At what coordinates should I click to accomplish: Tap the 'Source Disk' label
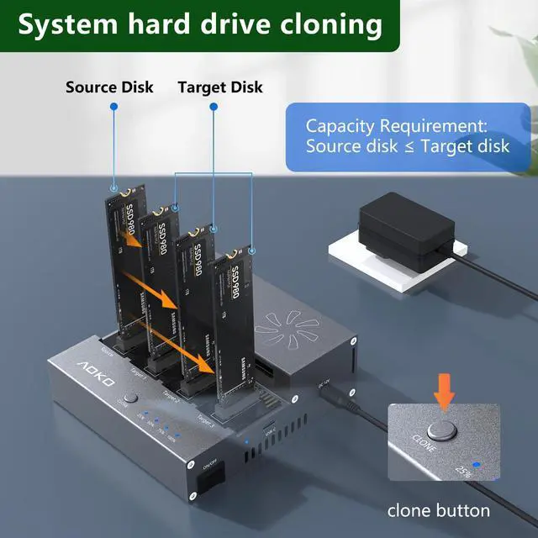pos(109,87)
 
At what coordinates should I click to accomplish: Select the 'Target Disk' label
pos(220,87)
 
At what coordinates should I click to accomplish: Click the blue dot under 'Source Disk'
pos(112,107)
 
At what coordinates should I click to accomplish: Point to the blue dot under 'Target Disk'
pos(214,107)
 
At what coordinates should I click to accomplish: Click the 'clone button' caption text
pos(438,509)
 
